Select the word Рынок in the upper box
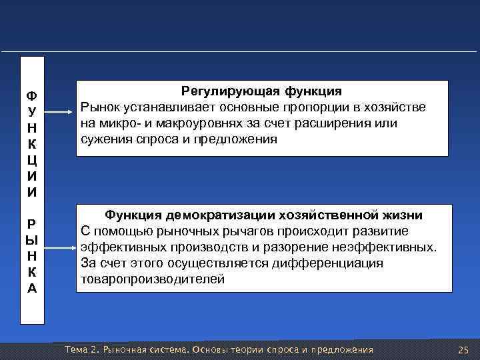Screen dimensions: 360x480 (99, 107)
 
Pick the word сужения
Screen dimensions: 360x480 (103, 139)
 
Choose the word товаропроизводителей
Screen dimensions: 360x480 (153, 279)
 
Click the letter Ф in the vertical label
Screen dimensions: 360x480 (31, 95)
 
